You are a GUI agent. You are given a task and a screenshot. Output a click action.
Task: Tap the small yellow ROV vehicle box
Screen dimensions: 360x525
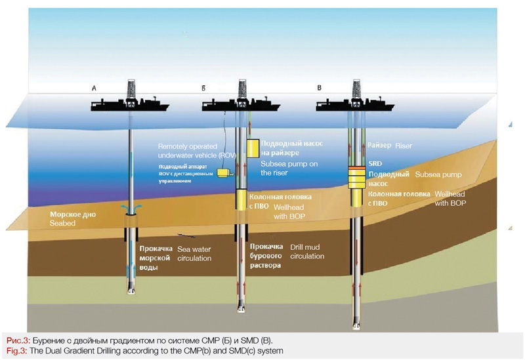click(x=224, y=172)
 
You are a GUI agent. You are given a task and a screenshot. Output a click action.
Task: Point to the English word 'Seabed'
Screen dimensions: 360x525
click(x=63, y=224)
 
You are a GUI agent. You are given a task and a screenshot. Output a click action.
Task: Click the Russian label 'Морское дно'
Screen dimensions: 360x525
click(x=73, y=214)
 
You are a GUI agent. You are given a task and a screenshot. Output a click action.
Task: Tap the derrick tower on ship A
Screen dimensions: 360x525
click(x=130, y=88)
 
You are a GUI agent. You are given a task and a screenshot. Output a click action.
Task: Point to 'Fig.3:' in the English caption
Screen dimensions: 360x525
click(x=15, y=353)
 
